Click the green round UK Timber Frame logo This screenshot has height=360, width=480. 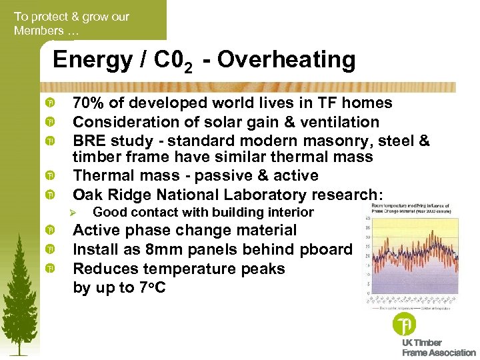(x=405, y=325)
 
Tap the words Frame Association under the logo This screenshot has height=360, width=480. (x=439, y=352)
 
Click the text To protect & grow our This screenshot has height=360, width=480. (x=71, y=16)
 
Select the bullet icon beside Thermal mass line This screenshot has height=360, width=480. (x=50, y=176)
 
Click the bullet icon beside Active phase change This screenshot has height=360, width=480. (x=50, y=231)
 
